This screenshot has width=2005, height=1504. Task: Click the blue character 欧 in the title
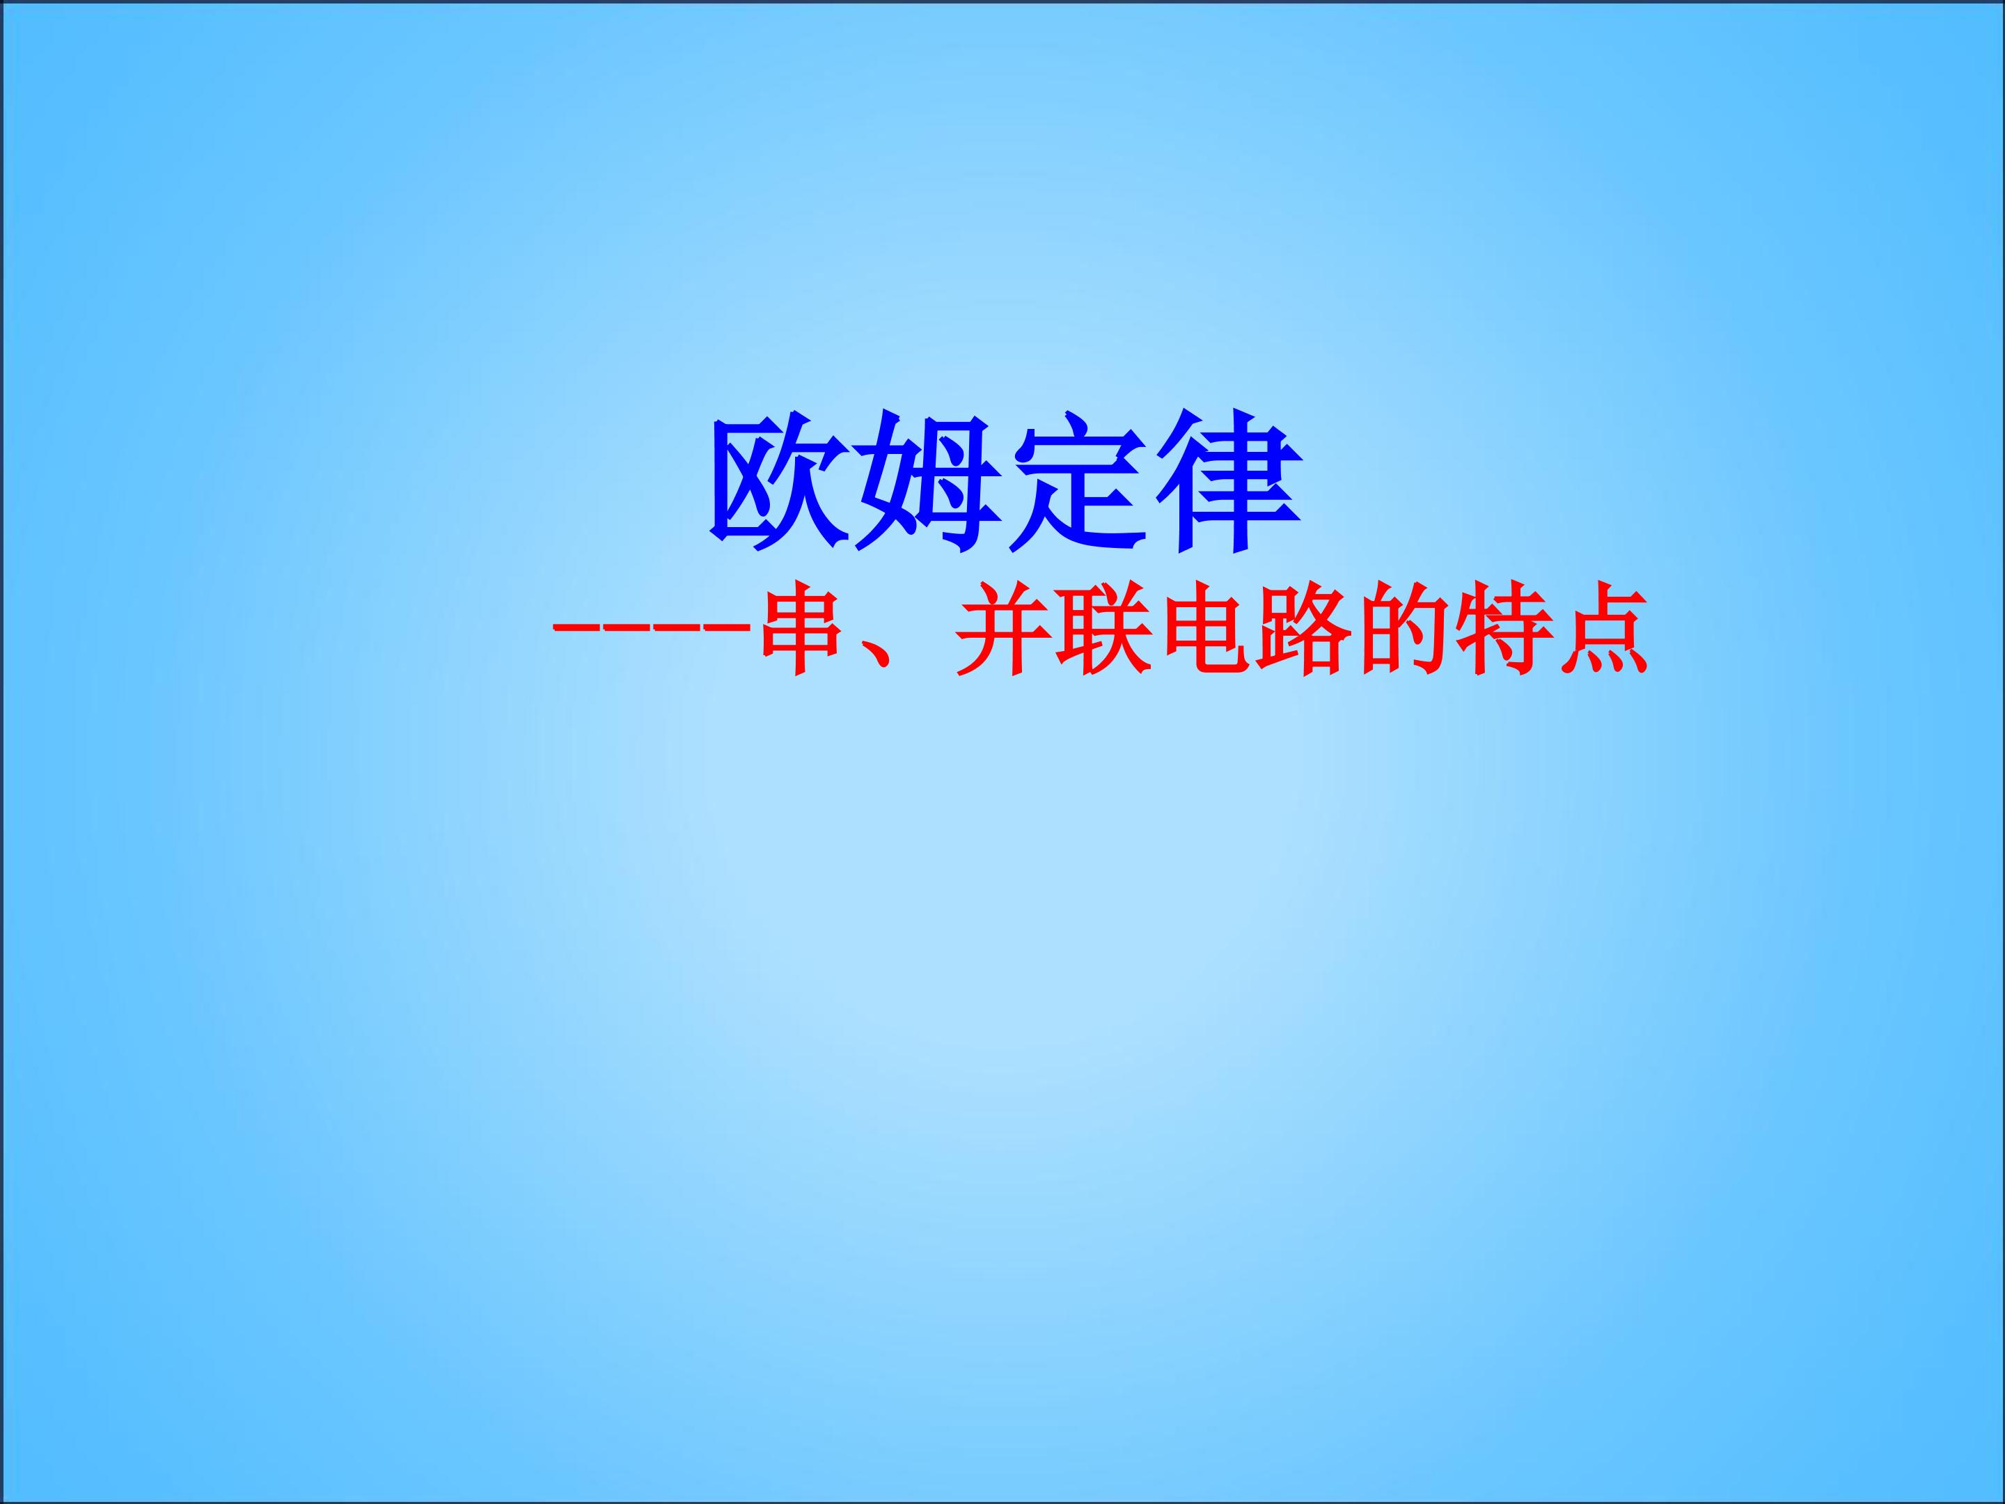tap(780, 483)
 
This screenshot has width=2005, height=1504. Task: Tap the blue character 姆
tap(929, 483)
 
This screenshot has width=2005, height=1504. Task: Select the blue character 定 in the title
tap(1078, 483)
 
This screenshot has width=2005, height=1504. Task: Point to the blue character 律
tap(1228, 483)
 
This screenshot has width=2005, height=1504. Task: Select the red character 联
tap(1104, 632)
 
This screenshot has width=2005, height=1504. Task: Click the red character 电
tap(1206, 632)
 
